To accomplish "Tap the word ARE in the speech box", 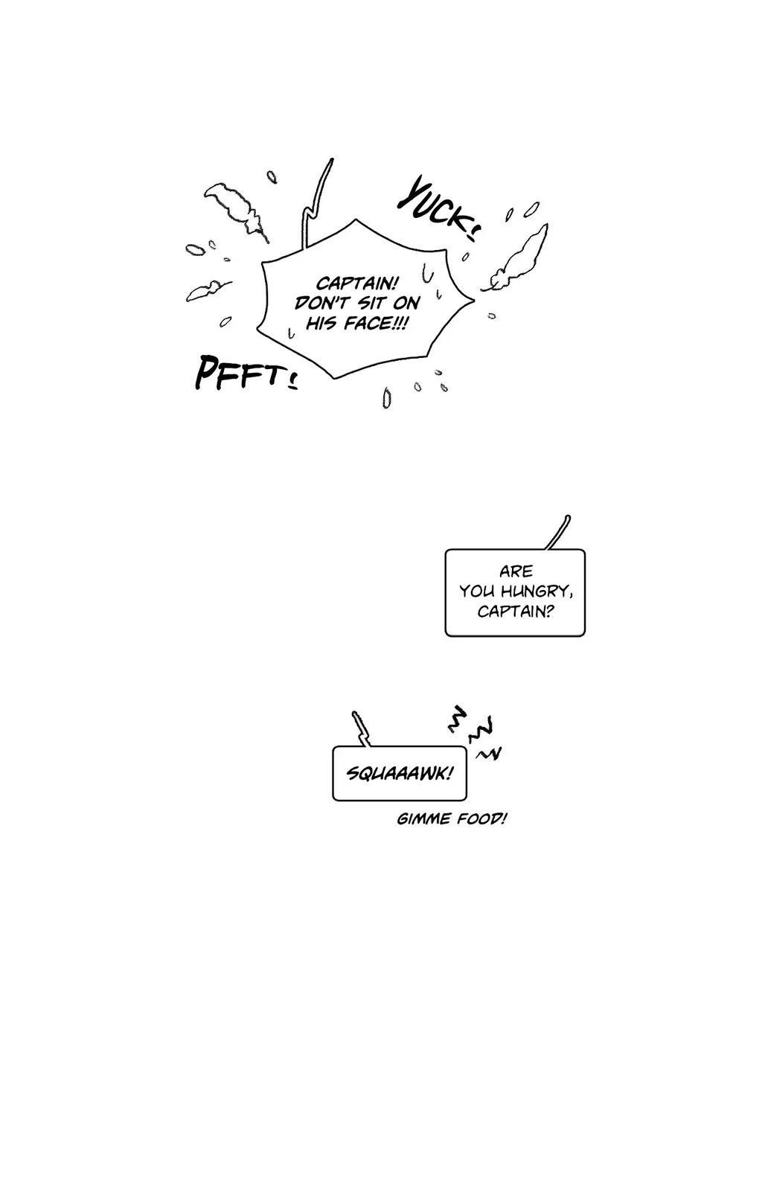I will (516, 571).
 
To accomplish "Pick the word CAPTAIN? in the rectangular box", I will (516, 612).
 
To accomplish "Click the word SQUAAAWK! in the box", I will (400, 774).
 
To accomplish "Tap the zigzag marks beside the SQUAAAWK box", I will (473, 731).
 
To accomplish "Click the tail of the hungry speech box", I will (559, 531).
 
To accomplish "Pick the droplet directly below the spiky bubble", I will (387, 398).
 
